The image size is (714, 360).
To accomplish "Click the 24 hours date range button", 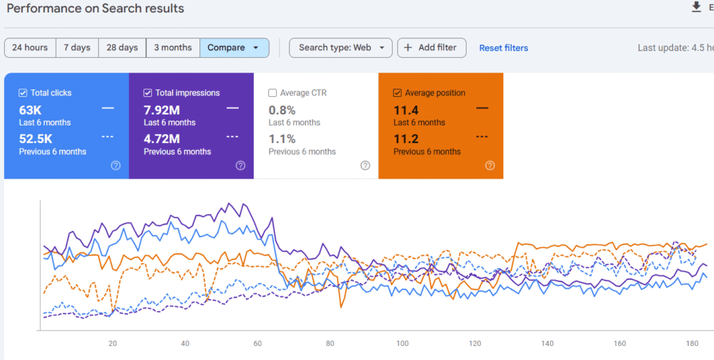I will click(x=30, y=47).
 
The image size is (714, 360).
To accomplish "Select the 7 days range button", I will click(x=77, y=47).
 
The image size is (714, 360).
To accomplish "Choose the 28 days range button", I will click(x=122, y=47).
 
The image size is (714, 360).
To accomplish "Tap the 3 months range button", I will click(x=173, y=47).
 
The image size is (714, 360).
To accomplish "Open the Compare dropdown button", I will click(x=234, y=47).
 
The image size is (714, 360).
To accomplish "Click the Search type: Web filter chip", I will click(x=340, y=47).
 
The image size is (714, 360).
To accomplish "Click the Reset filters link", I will click(x=503, y=48).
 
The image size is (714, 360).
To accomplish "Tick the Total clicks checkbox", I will click(x=23, y=93).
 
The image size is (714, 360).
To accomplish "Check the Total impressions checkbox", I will click(x=148, y=93).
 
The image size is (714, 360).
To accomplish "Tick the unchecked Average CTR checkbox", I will click(x=273, y=93).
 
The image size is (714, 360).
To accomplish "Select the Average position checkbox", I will click(x=397, y=93).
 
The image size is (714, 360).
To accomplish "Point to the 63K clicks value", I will click(x=31, y=110).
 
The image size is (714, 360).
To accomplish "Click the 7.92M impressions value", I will click(x=161, y=110).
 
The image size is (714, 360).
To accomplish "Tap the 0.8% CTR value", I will click(x=282, y=110).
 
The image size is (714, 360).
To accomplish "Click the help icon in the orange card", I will click(x=490, y=165).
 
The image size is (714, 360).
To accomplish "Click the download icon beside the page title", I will click(x=696, y=7).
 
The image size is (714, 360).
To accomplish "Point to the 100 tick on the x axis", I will click(x=402, y=344).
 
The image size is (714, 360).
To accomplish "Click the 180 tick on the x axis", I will click(x=692, y=344).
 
